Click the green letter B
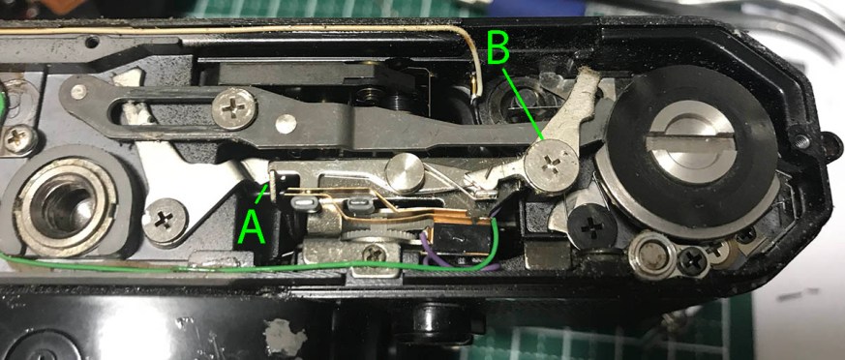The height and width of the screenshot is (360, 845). point(498,47)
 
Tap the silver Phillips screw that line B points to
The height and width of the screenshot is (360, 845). point(552,164)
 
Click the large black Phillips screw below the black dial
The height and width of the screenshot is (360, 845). point(591,227)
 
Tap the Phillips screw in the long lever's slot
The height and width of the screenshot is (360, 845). point(233,108)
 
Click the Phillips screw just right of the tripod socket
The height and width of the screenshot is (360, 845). point(165,221)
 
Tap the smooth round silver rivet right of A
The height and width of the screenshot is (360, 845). point(405,173)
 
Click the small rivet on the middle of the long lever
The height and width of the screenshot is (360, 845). point(286,124)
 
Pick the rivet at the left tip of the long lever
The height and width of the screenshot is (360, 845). point(78,92)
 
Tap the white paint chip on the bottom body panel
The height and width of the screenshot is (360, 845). point(281,337)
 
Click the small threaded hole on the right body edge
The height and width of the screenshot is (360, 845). point(800,141)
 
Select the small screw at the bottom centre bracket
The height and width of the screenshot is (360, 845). point(374,253)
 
